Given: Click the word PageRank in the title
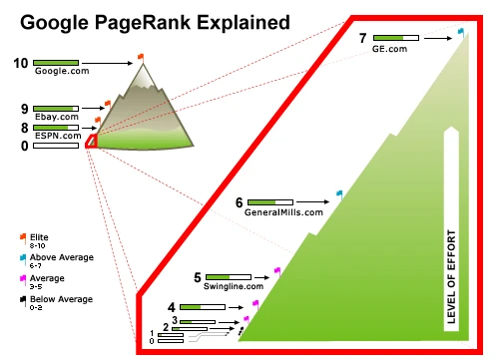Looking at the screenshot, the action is pos(143,23).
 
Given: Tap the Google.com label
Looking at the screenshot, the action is pos(62,71).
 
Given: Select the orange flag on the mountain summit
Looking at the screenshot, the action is pos(141,58).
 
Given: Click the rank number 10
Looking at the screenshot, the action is pos(21,63).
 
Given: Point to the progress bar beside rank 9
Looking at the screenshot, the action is pos(56,109).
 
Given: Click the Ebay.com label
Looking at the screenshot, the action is pos(57,117).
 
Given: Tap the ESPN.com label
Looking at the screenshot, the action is pos(58,136).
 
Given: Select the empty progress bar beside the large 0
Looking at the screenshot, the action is pos(56,146).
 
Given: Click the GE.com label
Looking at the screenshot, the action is pos(389,49).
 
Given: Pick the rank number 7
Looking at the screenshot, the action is pos(362,38).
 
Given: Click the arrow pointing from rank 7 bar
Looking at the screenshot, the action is pos(438,38).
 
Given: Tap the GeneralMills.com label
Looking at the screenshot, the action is pos(283,212).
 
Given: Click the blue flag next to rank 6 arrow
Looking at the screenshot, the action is pos(339,194).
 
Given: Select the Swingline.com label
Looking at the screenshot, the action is pos(234,286).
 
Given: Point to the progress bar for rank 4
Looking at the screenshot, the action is pos(203,307).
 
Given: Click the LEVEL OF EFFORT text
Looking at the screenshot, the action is pos(451,276).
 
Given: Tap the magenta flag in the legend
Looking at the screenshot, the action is pos(23,280).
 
